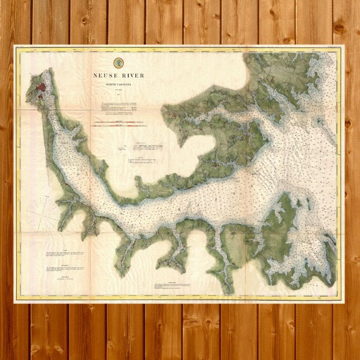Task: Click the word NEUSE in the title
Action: point(106,75)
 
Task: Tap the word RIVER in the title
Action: point(132,75)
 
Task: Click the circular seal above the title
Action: point(119,63)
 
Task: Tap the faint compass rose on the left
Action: point(42,212)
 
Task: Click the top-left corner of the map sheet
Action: point(15,46)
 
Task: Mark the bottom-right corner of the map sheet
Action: point(343,301)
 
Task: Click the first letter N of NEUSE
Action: point(96,75)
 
